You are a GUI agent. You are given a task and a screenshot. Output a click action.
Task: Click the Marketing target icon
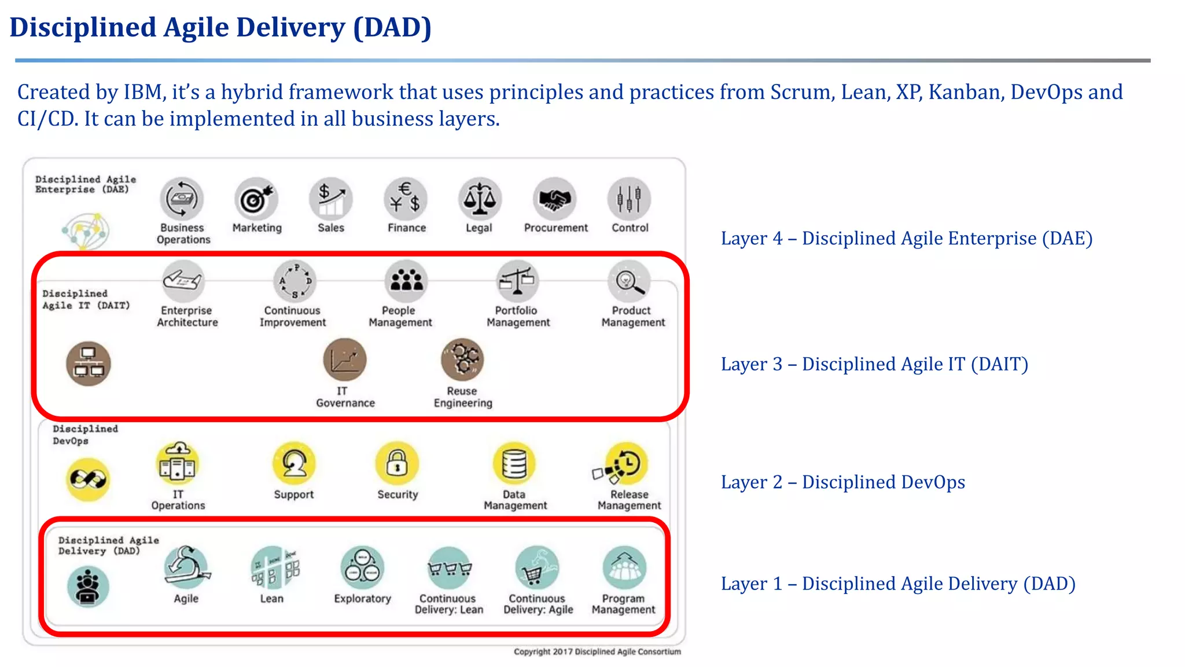click(256, 199)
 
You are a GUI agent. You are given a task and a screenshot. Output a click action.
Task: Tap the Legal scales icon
click(480, 199)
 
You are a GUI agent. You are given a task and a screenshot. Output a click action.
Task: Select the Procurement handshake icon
click(555, 199)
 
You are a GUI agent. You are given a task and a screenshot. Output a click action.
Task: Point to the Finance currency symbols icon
click(406, 199)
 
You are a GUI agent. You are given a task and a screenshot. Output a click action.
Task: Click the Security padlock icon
click(397, 463)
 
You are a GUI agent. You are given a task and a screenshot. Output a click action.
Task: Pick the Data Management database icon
click(514, 463)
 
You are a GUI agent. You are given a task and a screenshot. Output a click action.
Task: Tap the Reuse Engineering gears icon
click(462, 360)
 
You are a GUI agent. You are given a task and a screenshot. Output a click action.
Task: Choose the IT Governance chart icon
click(345, 360)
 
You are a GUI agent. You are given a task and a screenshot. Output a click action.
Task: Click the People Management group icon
click(406, 281)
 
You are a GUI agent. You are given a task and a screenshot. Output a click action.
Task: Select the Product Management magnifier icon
click(629, 281)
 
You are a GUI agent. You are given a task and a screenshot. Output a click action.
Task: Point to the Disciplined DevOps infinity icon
click(87, 479)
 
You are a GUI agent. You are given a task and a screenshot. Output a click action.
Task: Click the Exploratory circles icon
click(362, 567)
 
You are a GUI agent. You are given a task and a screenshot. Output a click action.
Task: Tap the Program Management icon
click(624, 567)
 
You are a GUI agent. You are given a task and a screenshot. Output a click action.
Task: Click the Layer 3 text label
click(874, 364)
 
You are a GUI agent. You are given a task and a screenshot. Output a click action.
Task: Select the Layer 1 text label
click(898, 584)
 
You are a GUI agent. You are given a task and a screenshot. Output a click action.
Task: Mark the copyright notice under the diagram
click(597, 652)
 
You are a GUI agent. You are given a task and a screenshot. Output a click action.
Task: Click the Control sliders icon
click(629, 199)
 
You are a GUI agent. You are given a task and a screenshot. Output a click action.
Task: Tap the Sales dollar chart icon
click(331, 199)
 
